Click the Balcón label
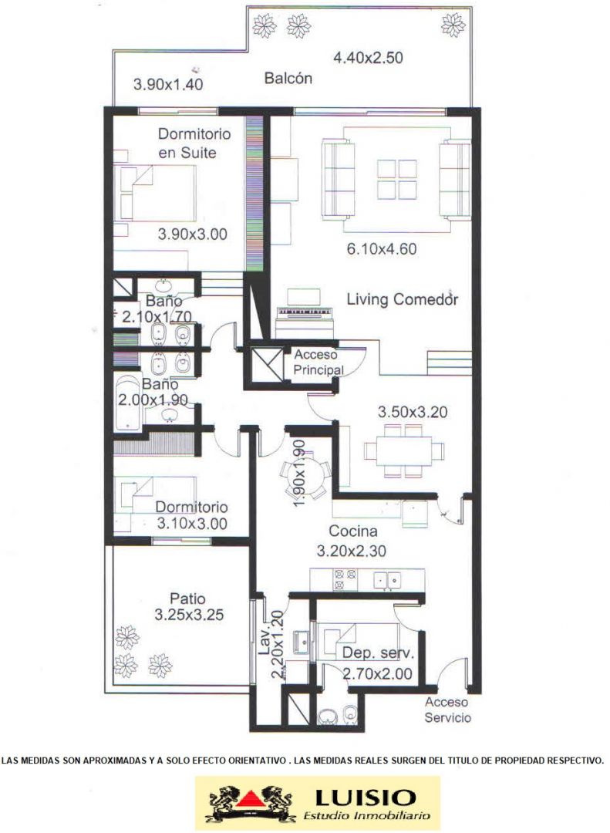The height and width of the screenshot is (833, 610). point(288,79)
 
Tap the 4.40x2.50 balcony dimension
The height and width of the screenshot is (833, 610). point(368,57)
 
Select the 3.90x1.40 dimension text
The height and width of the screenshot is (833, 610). point(168,85)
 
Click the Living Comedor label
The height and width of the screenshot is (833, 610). point(403,299)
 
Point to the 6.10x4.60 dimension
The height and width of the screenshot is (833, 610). point(382,248)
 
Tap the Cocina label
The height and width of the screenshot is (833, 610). point(353,531)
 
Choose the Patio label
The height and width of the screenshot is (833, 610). point(187,599)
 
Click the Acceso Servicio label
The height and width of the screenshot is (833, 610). point(447,710)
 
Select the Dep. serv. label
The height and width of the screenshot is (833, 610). point(378,653)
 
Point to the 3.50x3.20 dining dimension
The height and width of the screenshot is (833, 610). point(413,412)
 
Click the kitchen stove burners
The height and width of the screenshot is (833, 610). point(345,579)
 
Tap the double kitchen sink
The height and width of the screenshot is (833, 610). point(387,580)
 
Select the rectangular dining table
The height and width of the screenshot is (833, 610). point(404,451)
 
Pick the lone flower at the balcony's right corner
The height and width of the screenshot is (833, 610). point(453,25)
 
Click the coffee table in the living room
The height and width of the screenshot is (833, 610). point(397,180)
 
